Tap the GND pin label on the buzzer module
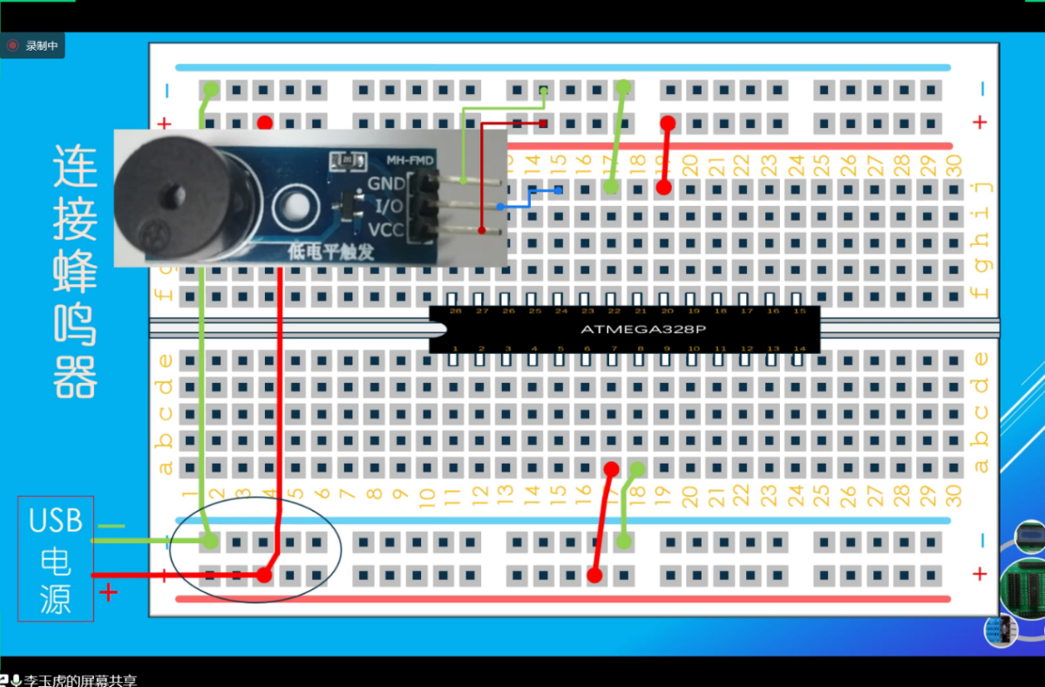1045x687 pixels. tap(386, 183)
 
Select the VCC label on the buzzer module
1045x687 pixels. tap(386, 230)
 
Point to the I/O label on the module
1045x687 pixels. tap(388, 207)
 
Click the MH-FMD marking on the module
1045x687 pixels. tap(410, 160)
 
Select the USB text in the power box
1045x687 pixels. tap(56, 520)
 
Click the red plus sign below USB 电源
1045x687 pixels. tap(108, 593)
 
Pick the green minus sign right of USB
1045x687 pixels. tap(111, 527)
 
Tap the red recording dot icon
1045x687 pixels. tap(12, 45)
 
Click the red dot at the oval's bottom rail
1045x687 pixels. tap(264, 575)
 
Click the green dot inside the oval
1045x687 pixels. tap(210, 541)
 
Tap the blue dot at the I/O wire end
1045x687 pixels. tap(500, 207)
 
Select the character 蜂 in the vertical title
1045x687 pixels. tap(76, 270)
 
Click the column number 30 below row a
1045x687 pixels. tap(953, 496)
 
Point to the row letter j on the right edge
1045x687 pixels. tap(981, 186)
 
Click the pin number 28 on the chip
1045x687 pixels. tap(455, 311)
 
